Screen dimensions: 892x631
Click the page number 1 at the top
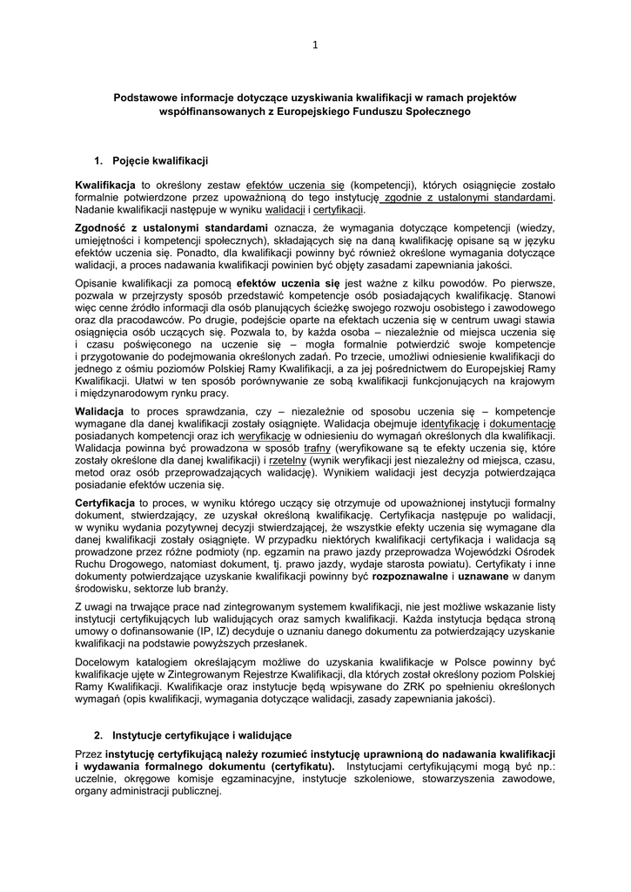314,46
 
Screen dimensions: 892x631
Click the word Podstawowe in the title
144,98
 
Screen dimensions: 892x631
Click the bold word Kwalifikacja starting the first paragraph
104,185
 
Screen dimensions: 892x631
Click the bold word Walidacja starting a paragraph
101,409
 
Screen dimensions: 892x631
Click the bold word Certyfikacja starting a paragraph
104,503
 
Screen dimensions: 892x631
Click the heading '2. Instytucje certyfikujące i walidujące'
192,735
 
